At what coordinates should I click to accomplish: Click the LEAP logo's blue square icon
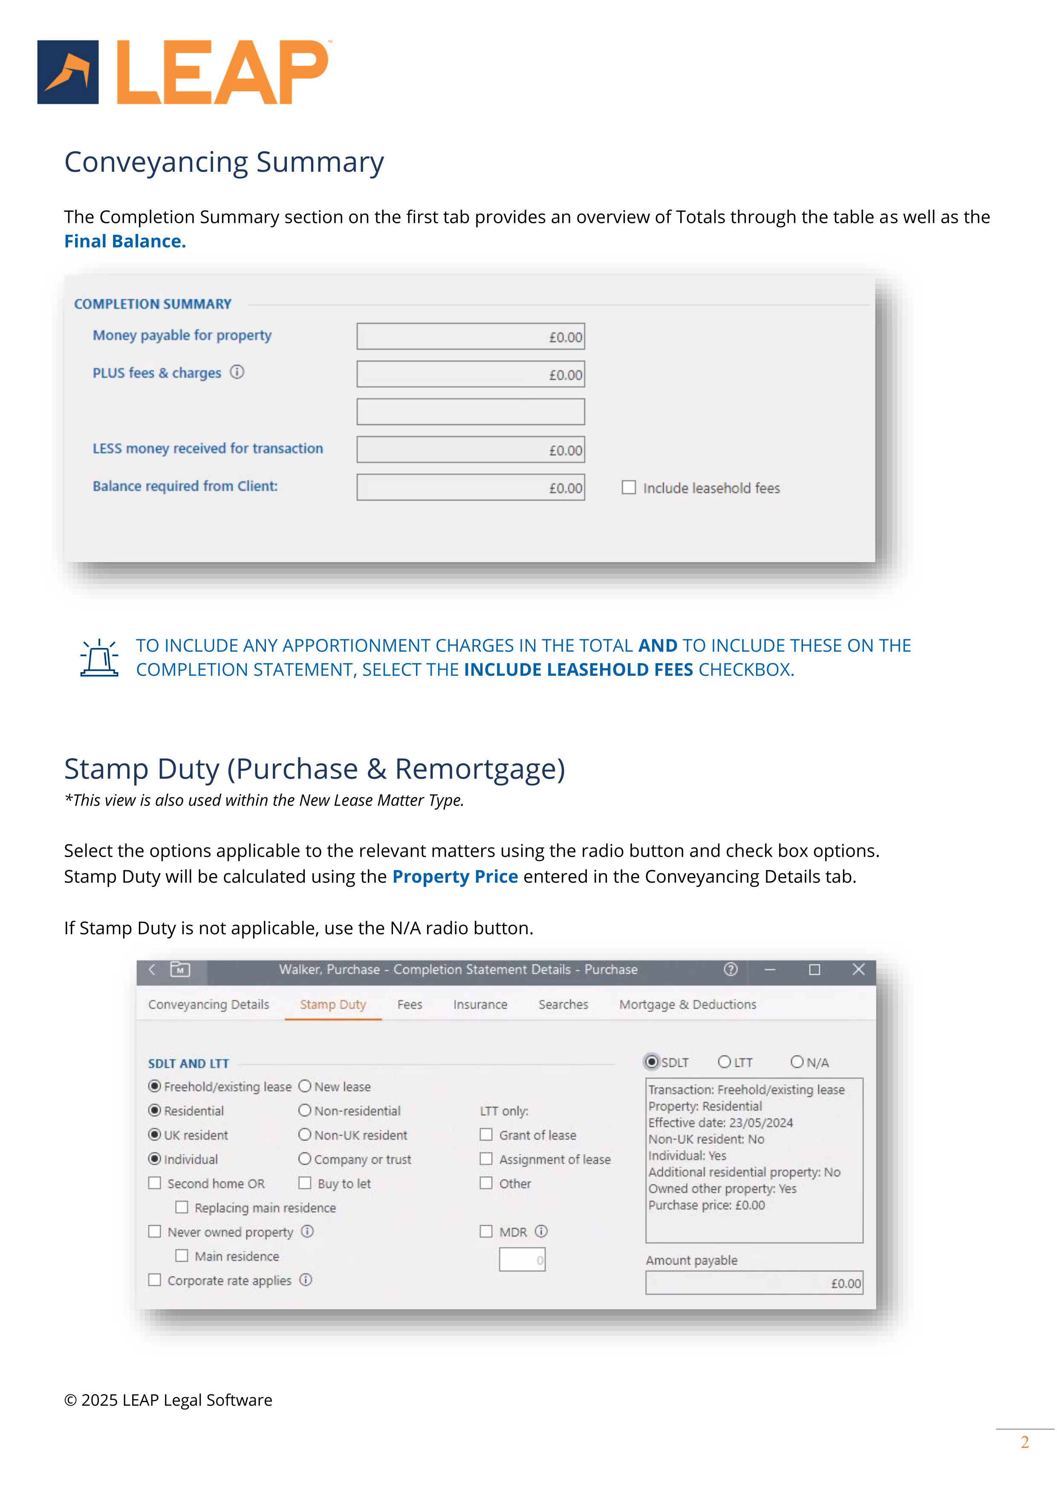point(68,72)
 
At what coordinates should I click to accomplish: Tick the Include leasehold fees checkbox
point(629,487)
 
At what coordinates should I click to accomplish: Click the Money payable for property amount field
point(470,337)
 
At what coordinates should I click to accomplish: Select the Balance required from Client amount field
point(470,487)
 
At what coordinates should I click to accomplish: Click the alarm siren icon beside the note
point(99,658)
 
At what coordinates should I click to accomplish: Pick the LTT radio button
point(724,1062)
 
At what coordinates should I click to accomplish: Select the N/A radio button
point(797,1062)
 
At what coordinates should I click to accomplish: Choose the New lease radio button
point(305,1086)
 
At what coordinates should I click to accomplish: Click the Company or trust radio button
point(305,1159)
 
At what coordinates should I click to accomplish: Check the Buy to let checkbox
point(305,1183)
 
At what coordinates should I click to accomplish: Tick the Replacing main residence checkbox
point(182,1207)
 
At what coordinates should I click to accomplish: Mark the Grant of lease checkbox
point(486,1134)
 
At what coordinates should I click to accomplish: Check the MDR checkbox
point(486,1231)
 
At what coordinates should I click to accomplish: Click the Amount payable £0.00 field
point(754,1283)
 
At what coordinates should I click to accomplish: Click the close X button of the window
point(858,970)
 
